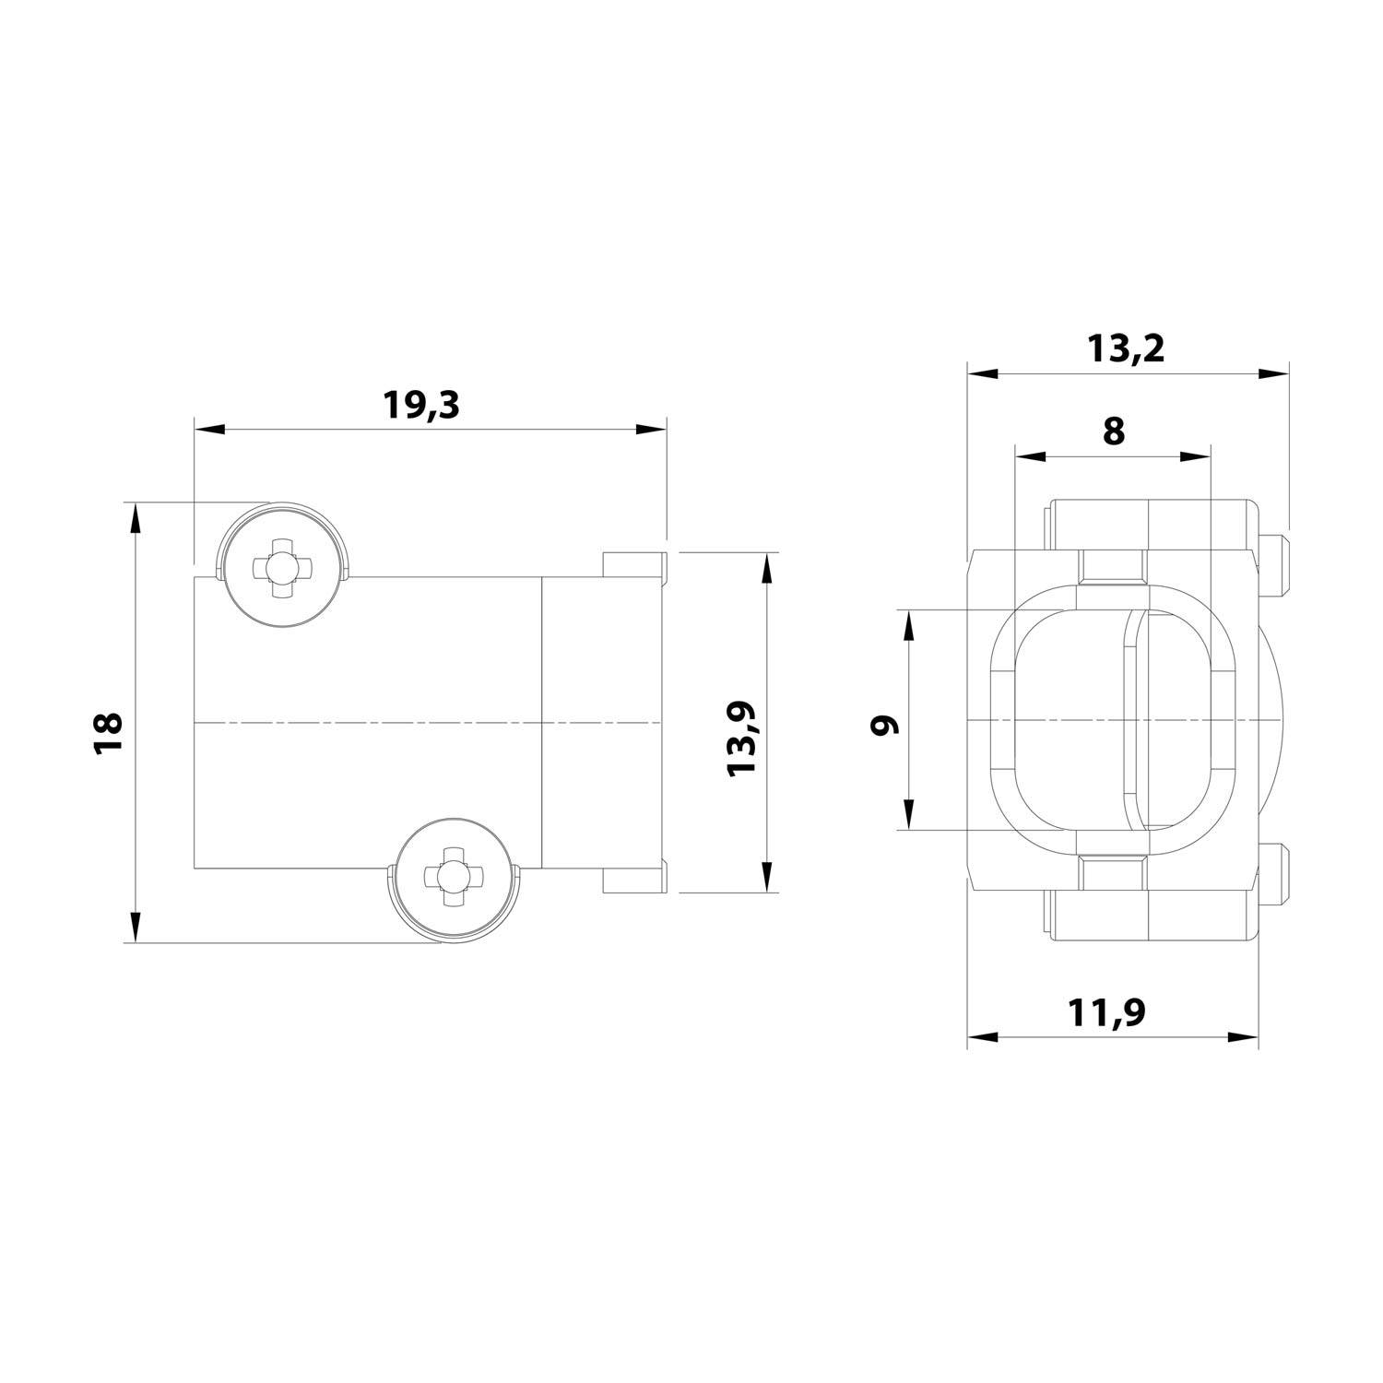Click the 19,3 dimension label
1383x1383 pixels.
pos(420,405)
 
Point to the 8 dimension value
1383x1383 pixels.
pos(1114,431)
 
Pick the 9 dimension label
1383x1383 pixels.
pos(886,725)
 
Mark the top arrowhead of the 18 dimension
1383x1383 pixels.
pos(136,516)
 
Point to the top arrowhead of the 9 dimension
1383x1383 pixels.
pos(909,625)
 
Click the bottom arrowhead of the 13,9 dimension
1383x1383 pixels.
pos(765,878)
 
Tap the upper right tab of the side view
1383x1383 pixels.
pos(633,563)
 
